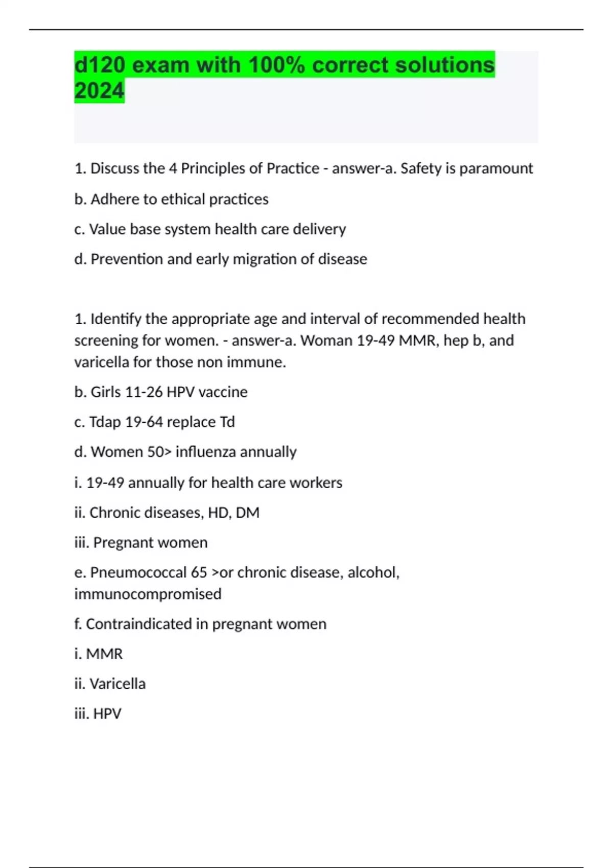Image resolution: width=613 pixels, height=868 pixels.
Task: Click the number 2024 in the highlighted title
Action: tap(99, 91)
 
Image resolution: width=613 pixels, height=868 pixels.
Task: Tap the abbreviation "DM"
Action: tap(247, 513)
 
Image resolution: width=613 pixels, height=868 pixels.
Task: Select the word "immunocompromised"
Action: tap(148, 594)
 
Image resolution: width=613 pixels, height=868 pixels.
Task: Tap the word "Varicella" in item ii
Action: tap(117, 684)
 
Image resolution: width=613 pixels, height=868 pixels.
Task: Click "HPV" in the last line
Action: tap(107, 714)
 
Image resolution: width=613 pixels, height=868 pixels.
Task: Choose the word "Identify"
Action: tap(116, 319)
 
